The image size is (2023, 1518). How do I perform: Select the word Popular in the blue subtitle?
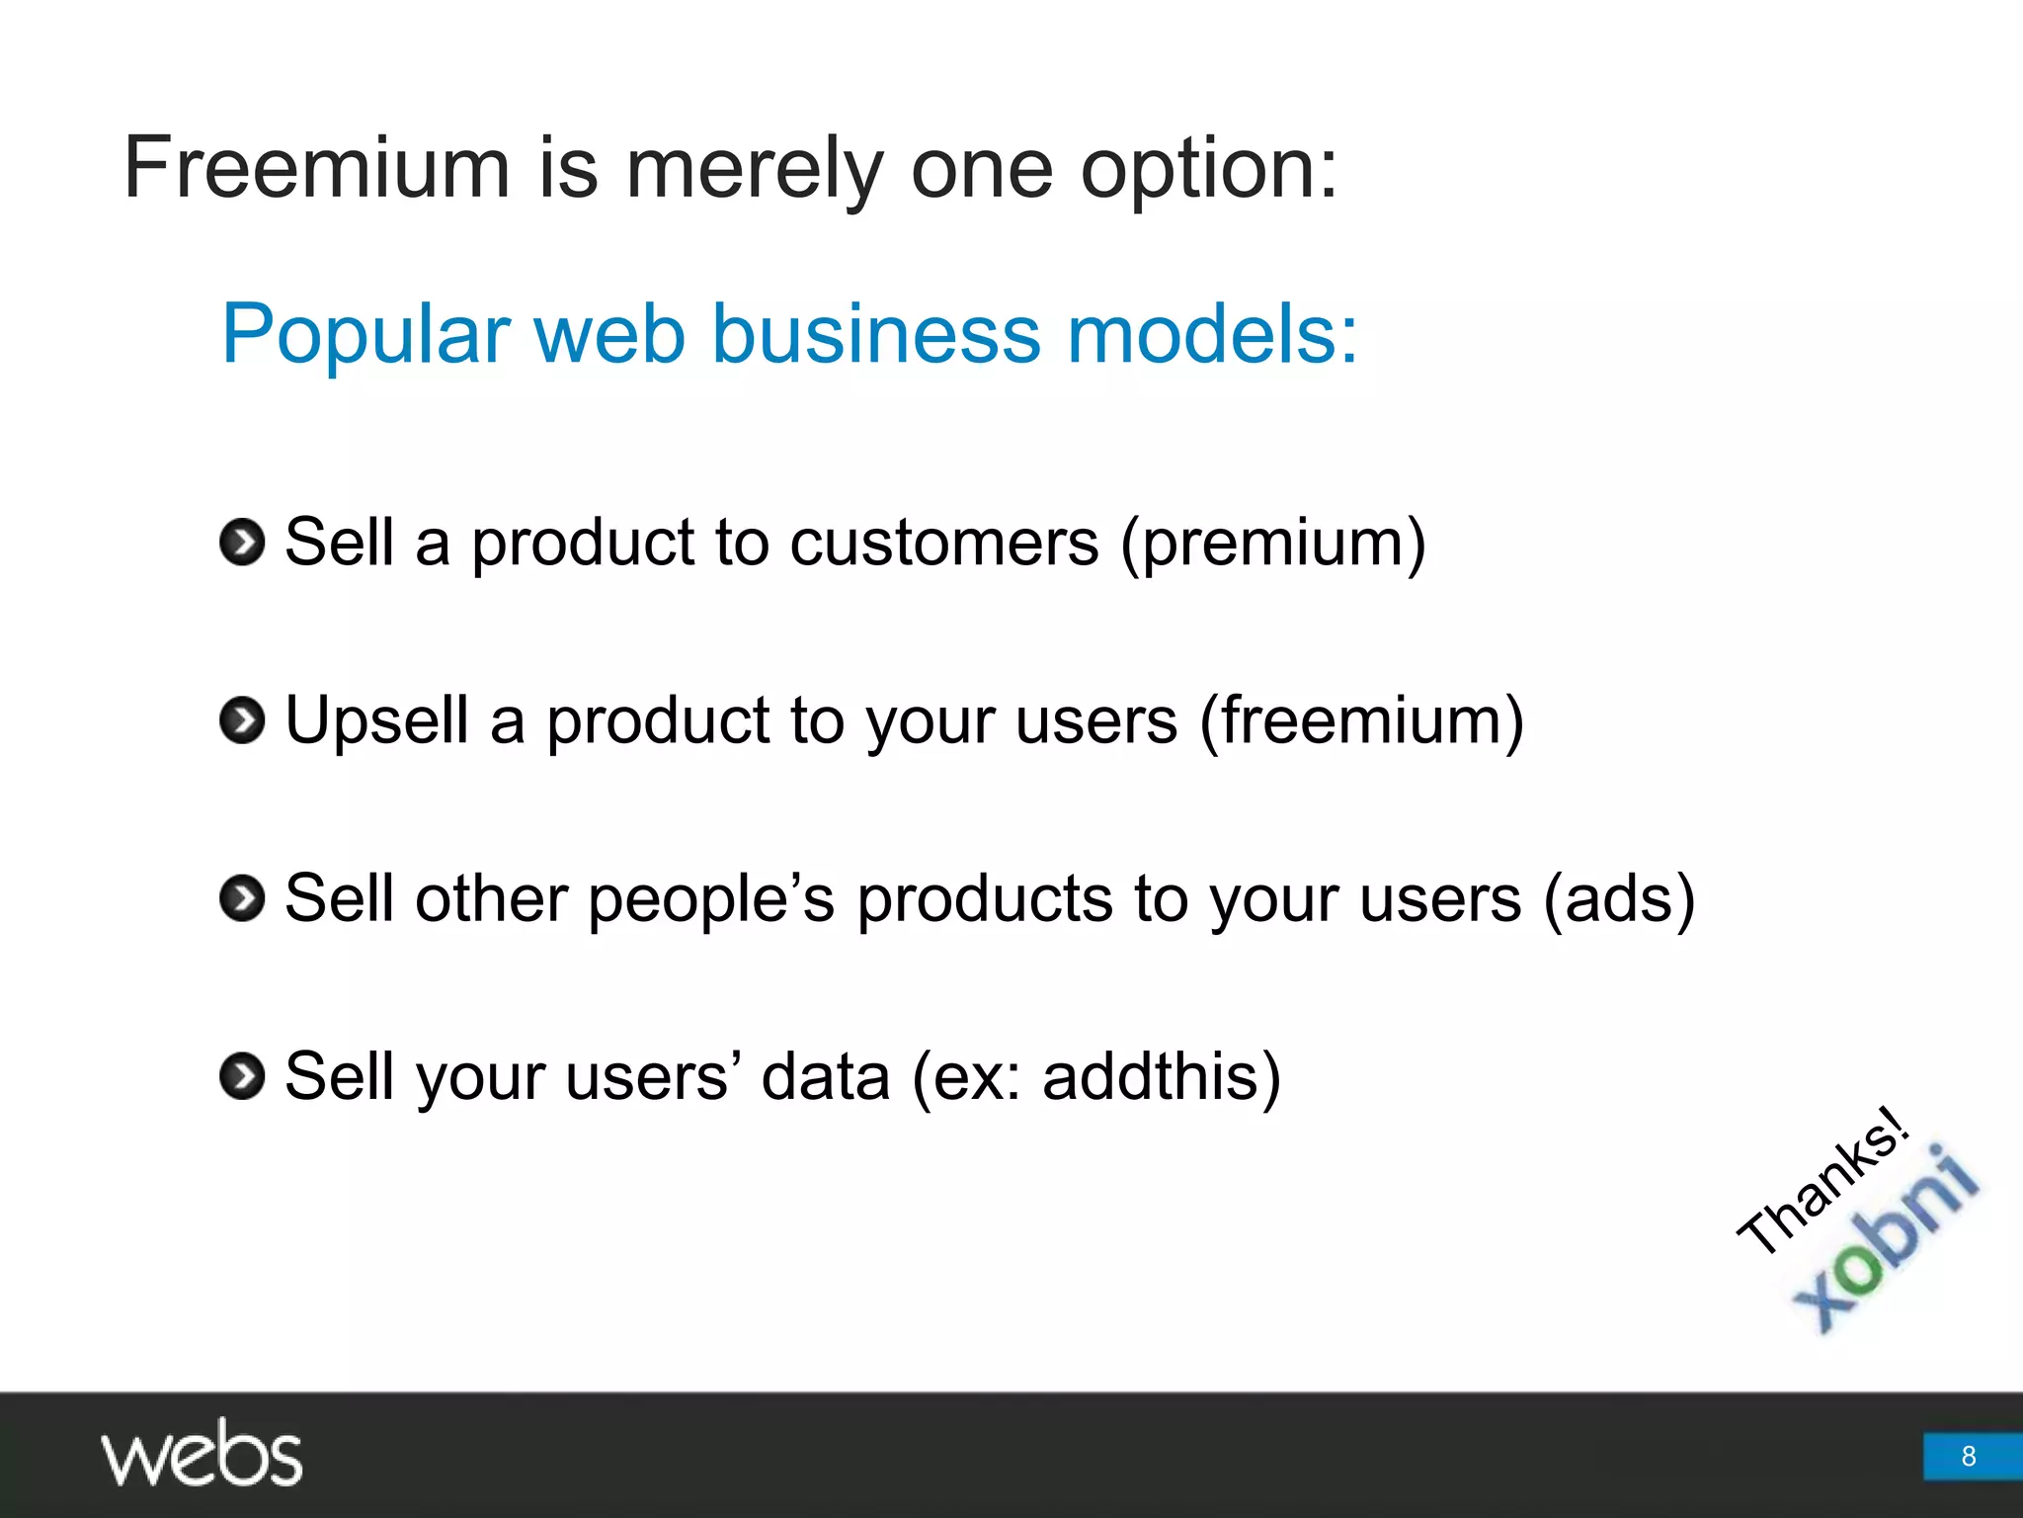point(364,336)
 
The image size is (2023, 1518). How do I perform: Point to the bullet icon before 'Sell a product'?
point(242,543)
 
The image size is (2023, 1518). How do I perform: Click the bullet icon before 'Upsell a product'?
point(242,720)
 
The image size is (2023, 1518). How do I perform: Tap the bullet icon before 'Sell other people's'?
point(242,898)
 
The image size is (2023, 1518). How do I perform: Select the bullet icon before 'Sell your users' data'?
point(242,1076)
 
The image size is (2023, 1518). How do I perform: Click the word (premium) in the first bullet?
point(1272,544)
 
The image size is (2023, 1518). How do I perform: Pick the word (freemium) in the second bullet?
point(1362,721)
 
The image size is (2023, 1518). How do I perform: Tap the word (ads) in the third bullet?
point(1619,899)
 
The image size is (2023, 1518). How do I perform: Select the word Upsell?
point(376,721)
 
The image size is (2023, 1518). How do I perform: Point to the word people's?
point(711,899)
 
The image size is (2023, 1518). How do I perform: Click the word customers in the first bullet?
point(944,544)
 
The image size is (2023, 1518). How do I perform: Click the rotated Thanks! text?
point(1822,1181)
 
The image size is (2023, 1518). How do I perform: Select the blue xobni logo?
point(1888,1240)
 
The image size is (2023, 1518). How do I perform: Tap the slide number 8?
point(1969,1456)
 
